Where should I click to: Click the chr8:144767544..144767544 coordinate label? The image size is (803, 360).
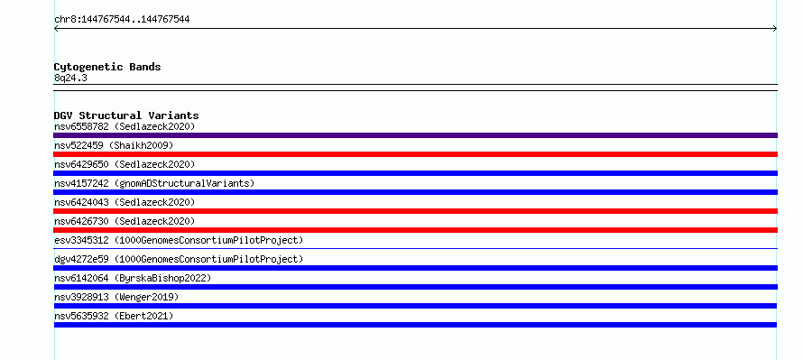click(x=122, y=20)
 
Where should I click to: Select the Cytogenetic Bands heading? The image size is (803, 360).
click(x=107, y=67)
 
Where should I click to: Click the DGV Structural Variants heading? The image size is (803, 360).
click(x=126, y=115)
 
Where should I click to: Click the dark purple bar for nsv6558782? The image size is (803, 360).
click(x=415, y=135)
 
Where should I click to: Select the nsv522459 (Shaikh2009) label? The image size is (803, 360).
click(x=114, y=145)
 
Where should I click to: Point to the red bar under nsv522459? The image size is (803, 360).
click(x=415, y=154)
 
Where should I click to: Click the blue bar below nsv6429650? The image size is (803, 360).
click(x=415, y=173)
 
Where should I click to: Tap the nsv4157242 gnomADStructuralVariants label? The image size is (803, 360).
click(x=154, y=183)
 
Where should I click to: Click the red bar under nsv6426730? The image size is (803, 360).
click(x=415, y=230)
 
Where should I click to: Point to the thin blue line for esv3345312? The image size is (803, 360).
click(x=415, y=248)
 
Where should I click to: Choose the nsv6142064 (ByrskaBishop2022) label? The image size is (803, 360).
click(x=133, y=278)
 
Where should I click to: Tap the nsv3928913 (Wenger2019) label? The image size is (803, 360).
click(x=116, y=297)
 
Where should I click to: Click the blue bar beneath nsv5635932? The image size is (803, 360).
click(x=415, y=325)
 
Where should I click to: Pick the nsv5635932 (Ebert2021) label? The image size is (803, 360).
click(x=114, y=316)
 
